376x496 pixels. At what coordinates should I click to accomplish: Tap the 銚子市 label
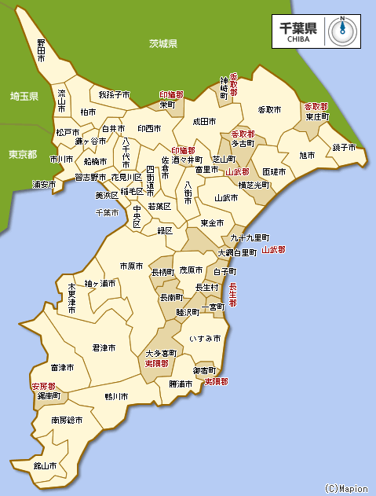344,147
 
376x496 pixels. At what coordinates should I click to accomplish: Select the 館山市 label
45,465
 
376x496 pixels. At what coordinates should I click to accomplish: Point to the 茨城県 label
163,44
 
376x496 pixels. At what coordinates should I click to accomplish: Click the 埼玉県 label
24,96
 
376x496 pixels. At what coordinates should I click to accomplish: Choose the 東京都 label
22,154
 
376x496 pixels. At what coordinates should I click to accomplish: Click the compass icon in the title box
341,30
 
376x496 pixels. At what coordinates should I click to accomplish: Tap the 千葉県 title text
298,27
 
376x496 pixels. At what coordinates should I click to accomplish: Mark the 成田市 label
204,122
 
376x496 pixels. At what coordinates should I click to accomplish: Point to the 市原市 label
131,266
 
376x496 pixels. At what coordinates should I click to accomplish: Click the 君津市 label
104,347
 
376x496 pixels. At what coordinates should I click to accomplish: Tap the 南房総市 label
68,421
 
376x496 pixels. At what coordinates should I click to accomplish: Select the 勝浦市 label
181,384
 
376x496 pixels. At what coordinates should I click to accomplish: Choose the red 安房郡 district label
43,387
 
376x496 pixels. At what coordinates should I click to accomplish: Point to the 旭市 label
307,156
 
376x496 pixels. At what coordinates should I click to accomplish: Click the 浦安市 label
44,185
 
